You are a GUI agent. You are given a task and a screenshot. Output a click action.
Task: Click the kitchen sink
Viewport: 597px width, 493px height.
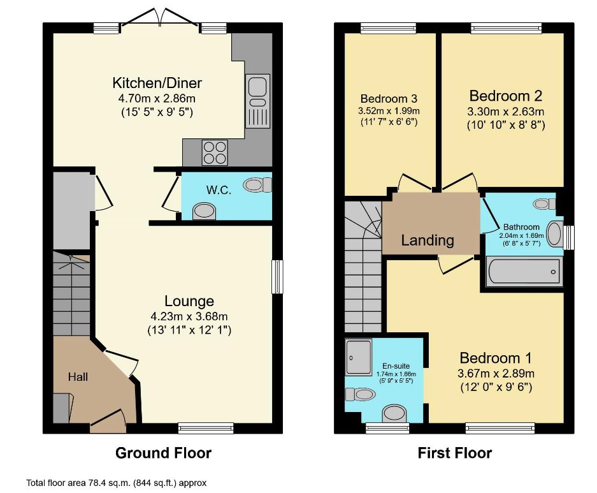(x=258, y=101)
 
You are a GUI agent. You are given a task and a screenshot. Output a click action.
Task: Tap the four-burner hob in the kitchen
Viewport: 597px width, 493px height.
(x=215, y=153)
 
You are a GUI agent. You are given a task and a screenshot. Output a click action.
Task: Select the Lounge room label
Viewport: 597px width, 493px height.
(x=189, y=301)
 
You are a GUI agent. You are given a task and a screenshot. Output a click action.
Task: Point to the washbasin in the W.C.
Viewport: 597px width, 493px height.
(x=204, y=212)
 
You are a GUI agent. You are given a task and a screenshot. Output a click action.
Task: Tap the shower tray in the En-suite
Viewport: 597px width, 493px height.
(x=359, y=358)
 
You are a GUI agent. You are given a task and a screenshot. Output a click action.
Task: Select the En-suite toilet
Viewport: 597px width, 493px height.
(x=360, y=394)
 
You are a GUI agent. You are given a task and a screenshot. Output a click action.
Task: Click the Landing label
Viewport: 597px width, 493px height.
(x=428, y=240)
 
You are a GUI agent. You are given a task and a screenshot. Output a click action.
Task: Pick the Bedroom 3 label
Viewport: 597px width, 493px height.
(x=389, y=99)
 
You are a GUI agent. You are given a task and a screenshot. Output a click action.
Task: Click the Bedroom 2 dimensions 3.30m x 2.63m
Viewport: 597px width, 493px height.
(x=506, y=112)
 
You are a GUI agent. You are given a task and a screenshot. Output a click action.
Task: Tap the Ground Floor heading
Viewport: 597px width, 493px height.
(x=163, y=453)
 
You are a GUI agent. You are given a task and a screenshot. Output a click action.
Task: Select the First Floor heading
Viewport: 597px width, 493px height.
(x=455, y=453)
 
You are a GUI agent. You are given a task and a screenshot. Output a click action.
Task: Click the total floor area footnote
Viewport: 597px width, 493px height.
(x=116, y=483)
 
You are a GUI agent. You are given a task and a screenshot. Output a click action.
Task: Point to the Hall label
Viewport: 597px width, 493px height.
(x=78, y=377)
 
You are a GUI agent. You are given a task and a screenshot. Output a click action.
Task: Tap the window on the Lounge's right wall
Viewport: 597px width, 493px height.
(x=278, y=277)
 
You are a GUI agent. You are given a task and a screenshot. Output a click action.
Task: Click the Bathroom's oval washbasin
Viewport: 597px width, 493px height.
(x=554, y=234)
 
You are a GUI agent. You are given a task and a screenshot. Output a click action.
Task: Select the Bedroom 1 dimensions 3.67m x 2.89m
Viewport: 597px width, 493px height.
(x=496, y=373)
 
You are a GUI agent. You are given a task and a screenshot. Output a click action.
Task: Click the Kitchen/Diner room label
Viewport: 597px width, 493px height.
(x=157, y=83)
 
